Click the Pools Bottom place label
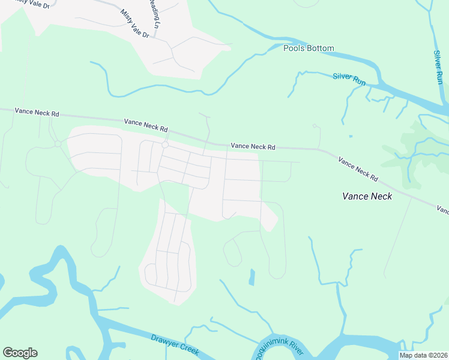(x=309, y=48)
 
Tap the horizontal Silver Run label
(x=349, y=79)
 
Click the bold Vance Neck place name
(x=367, y=196)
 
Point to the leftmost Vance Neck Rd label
(x=37, y=112)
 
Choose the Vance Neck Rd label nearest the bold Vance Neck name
(x=358, y=169)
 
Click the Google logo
(x=20, y=353)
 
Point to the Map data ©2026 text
(x=423, y=355)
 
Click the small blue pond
(x=252, y=277)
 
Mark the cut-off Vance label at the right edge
(x=443, y=210)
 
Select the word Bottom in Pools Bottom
(x=321, y=48)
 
